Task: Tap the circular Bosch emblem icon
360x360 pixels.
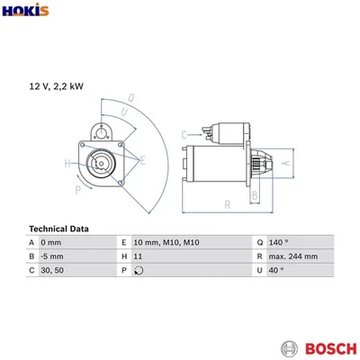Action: pyautogui.click(x=288, y=346)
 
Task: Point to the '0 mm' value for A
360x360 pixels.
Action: pyautogui.click(x=50, y=243)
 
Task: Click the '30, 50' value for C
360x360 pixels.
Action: pyautogui.click(x=51, y=270)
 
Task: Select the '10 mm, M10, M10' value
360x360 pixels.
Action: pyautogui.click(x=166, y=243)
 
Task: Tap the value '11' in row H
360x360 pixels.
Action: pyautogui.click(x=138, y=256)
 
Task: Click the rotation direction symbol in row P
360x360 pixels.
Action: pyautogui.click(x=138, y=270)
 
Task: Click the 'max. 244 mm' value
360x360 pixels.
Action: pyautogui.click(x=293, y=256)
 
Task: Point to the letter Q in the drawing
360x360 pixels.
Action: pyautogui.click(x=131, y=97)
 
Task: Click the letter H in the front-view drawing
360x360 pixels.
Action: pyautogui.click(x=67, y=163)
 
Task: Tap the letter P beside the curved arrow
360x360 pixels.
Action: pyautogui.click(x=78, y=191)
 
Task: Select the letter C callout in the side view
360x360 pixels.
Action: pyautogui.click(x=184, y=134)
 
